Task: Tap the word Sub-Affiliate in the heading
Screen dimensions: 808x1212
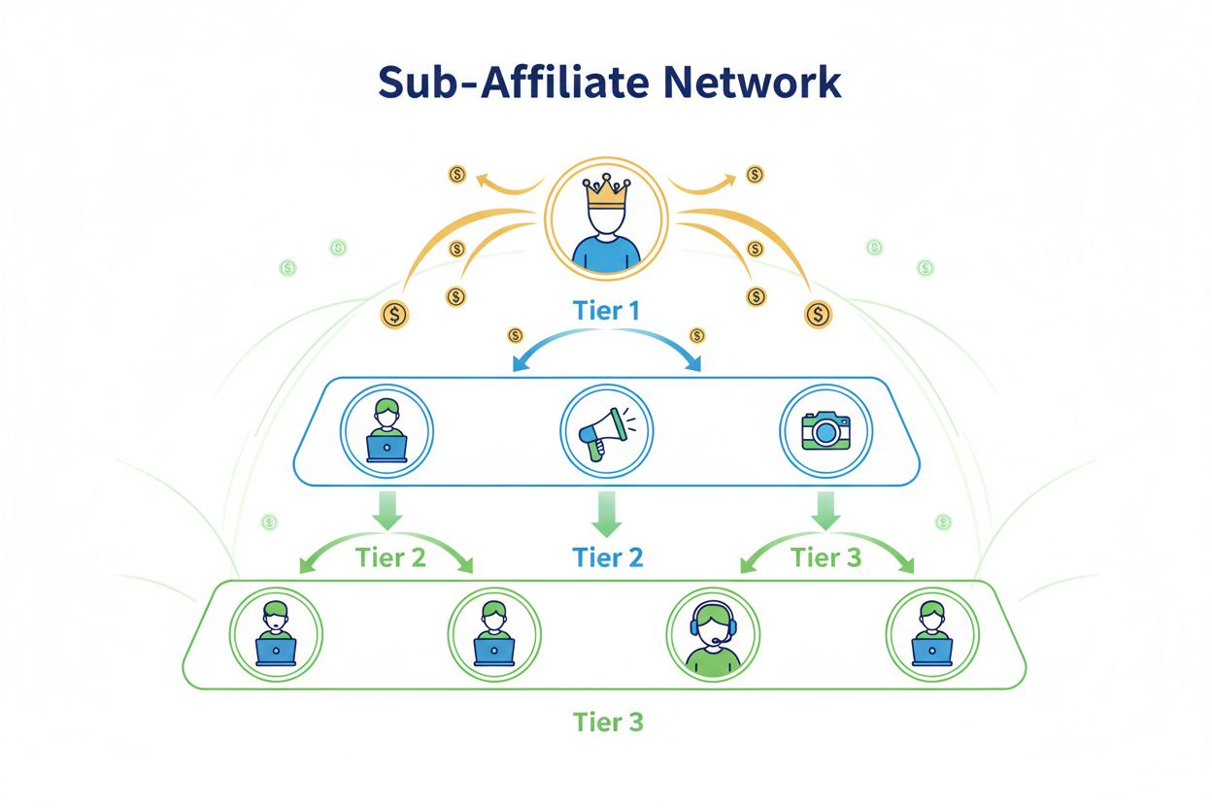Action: (493, 84)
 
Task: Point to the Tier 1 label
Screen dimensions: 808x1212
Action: (607, 311)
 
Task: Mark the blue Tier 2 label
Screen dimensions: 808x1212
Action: (608, 557)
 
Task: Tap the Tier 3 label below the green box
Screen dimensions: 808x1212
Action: (608, 723)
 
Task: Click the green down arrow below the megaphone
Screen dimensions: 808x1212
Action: (607, 513)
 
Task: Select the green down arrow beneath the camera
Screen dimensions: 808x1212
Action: (825, 510)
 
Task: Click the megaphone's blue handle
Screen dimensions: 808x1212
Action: (596, 447)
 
